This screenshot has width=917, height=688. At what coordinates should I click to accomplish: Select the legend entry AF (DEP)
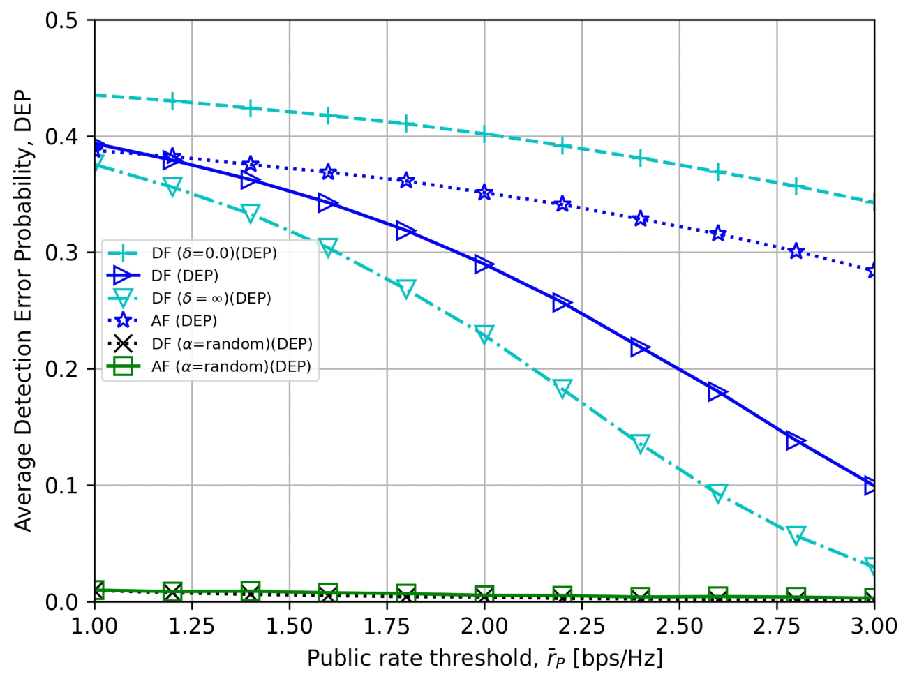[x=184, y=321]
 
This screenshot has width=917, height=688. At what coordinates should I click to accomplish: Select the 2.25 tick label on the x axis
[x=582, y=626]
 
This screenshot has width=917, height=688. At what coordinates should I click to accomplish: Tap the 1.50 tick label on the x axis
[x=290, y=626]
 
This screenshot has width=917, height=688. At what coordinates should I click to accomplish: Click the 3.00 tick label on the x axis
[x=874, y=626]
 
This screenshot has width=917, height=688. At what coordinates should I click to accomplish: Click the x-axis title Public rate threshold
[x=485, y=658]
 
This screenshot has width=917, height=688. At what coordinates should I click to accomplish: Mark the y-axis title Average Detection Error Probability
[x=24, y=311]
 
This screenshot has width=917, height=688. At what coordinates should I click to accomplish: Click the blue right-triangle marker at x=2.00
[x=484, y=264]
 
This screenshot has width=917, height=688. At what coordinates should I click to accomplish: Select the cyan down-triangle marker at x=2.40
[x=640, y=443]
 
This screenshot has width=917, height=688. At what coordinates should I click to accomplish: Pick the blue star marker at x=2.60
[x=718, y=233]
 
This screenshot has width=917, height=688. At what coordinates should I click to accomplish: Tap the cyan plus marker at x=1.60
[x=328, y=116]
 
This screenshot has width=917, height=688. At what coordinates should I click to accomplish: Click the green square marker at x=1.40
[x=251, y=590]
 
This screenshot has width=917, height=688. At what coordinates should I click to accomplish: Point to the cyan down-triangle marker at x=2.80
[x=796, y=535]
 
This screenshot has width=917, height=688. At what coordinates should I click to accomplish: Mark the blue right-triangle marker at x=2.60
[x=718, y=392]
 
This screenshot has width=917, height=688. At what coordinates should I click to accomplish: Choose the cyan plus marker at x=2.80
[x=796, y=186]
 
